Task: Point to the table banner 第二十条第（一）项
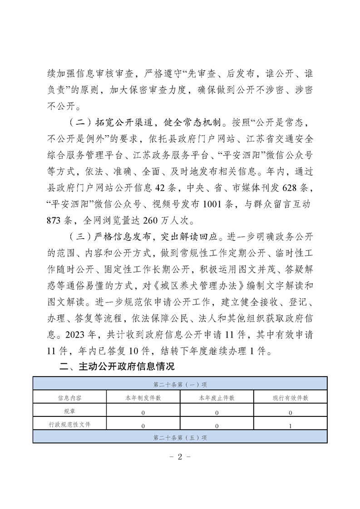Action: [x=180, y=385]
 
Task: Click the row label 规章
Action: [x=69, y=411]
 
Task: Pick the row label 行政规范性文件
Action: [x=69, y=425]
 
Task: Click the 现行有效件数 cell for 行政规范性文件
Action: [x=291, y=426]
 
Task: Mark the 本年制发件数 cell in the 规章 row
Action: [x=143, y=412]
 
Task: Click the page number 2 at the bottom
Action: [x=180, y=457]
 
